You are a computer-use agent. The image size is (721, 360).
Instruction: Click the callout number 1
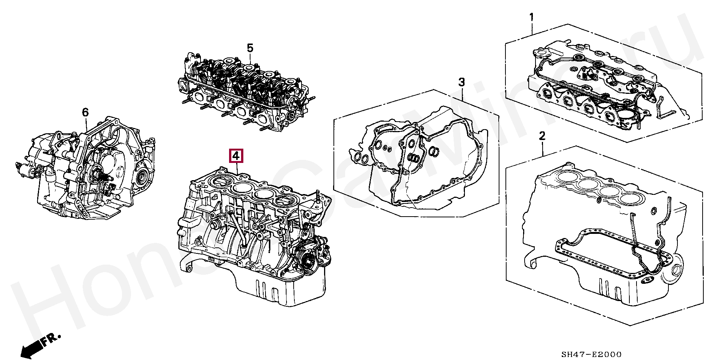(531, 17)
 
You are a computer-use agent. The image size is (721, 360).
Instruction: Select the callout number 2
(542, 136)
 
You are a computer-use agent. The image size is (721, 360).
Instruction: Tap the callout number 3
(462, 82)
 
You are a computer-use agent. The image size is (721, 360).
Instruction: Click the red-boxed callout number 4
(237, 156)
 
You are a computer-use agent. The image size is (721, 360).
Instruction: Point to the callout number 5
(250, 48)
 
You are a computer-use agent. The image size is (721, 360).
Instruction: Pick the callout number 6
(85, 112)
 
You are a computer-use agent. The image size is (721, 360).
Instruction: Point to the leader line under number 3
(462, 93)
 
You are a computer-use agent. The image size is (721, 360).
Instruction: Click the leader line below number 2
(543, 148)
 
